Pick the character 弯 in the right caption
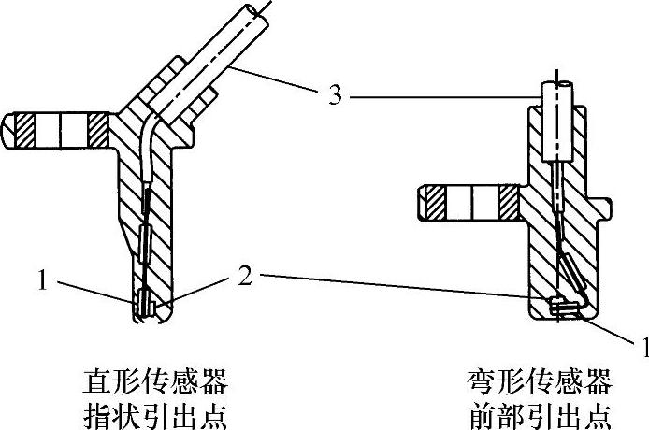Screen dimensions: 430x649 click(x=480, y=381)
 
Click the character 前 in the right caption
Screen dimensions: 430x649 click(x=480, y=413)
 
